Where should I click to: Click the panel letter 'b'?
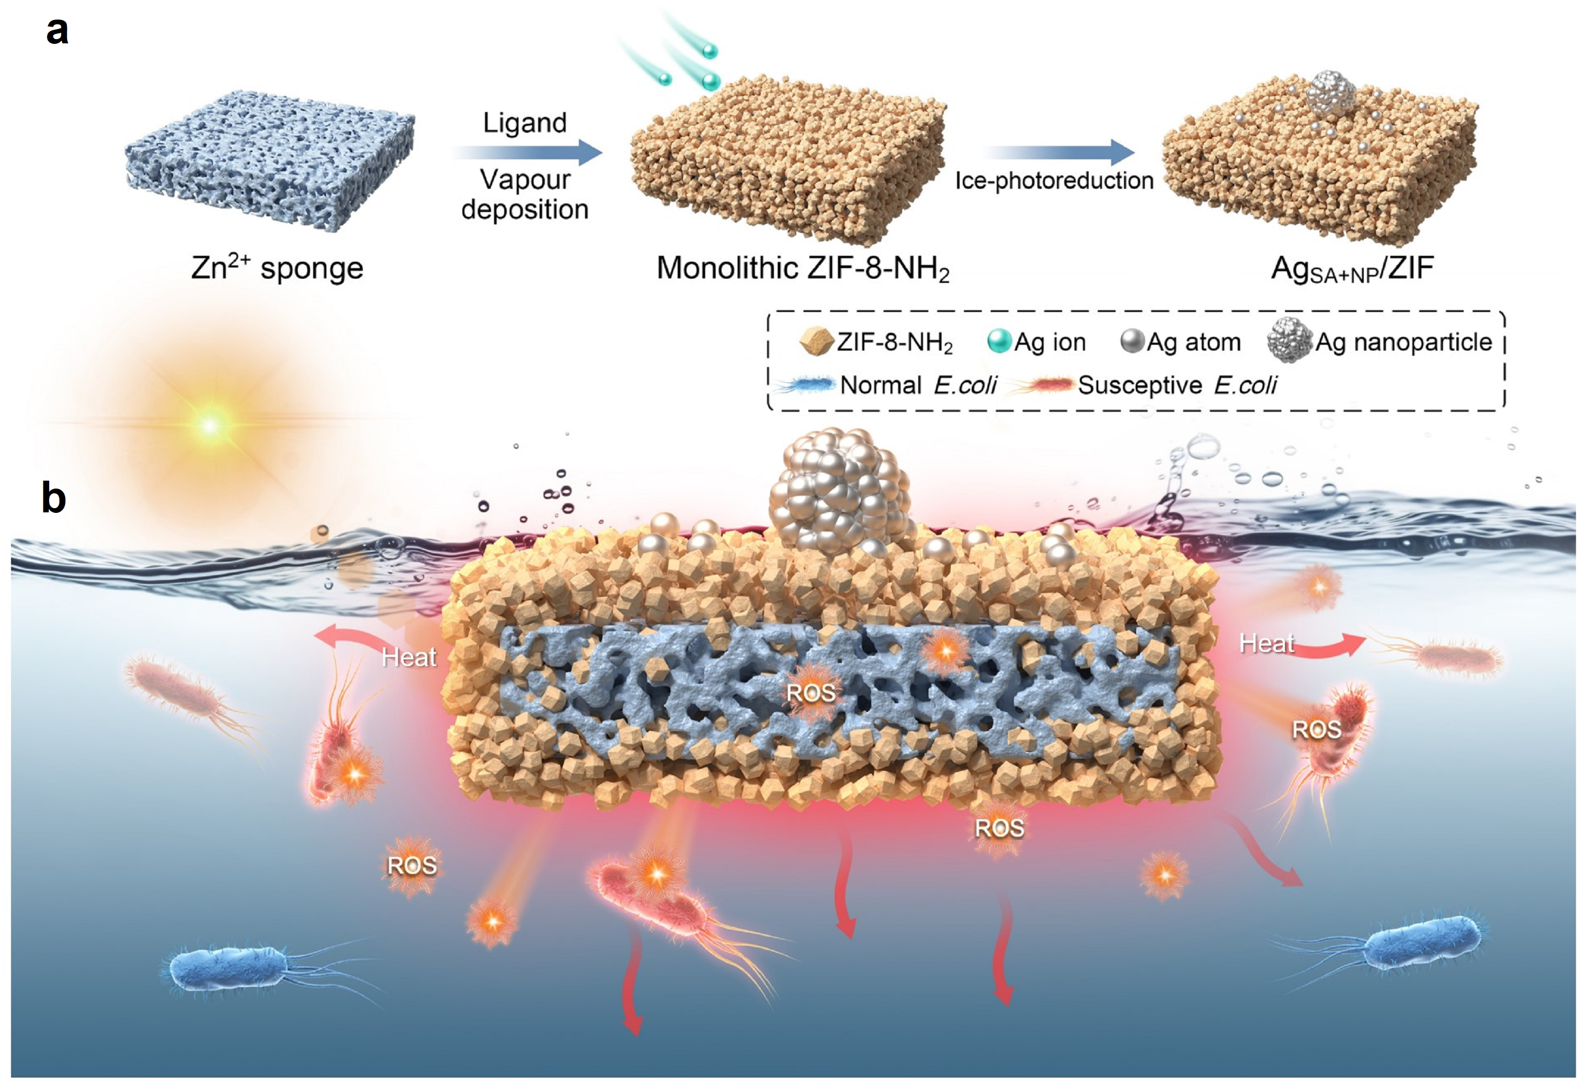click(54, 498)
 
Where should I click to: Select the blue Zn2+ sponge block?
click(270, 160)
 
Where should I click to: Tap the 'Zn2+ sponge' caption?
click(277, 268)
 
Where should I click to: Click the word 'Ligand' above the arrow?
click(524, 123)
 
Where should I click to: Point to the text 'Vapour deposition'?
click(524, 195)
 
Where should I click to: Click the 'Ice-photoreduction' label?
click(1054, 181)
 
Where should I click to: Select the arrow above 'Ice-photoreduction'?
click(1059, 152)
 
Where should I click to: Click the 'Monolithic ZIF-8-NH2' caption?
click(802, 268)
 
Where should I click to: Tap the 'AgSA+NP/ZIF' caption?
click(1352, 270)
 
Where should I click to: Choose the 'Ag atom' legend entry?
click(1181, 342)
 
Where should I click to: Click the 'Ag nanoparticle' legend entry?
click(1380, 342)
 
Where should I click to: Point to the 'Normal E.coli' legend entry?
click(888, 385)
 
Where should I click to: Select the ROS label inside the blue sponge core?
click(810, 693)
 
